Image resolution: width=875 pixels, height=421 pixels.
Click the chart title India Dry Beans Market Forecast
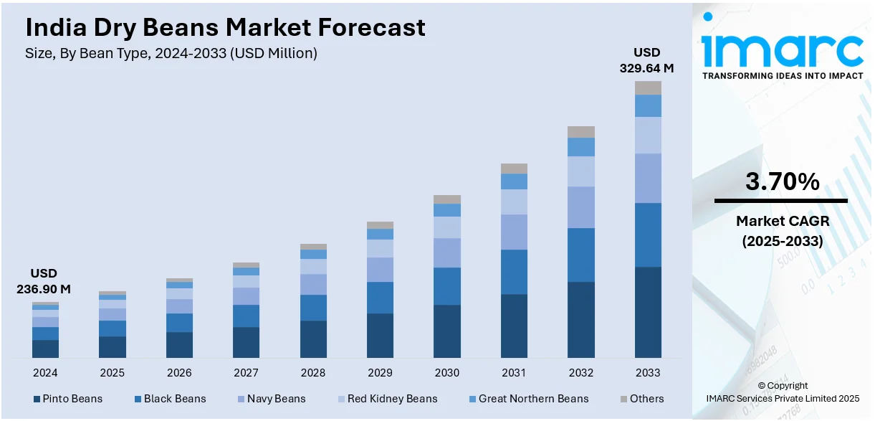click(x=225, y=27)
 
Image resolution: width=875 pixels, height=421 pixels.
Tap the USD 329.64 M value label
click(x=646, y=60)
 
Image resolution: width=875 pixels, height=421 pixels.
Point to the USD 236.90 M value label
click(x=44, y=281)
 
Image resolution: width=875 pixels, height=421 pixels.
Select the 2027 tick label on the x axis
click(x=246, y=373)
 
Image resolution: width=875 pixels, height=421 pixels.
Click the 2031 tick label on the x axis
click(x=514, y=373)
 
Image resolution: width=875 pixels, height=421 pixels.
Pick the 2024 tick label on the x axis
click(x=45, y=373)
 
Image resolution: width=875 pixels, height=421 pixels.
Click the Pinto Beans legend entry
click(x=67, y=399)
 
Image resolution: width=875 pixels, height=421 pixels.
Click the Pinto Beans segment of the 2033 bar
click(x=648, y=312)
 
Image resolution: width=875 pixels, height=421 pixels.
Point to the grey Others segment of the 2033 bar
click(x=648, y=87)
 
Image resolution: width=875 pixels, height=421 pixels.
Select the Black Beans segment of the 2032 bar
click(x=581, y=255)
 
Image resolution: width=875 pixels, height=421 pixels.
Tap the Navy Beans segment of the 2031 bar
click(x=514, y=232)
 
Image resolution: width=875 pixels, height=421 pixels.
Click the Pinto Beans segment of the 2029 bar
click(x=380, y=335)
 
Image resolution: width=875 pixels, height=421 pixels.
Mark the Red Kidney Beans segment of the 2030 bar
click(x=447, y=227)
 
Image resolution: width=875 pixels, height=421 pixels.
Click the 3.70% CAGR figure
click(x=782, y=182)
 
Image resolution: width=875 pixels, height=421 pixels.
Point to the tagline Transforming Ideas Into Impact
click(x=783, y=75)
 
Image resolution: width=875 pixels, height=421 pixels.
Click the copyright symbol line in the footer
click(x=783, y=385)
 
